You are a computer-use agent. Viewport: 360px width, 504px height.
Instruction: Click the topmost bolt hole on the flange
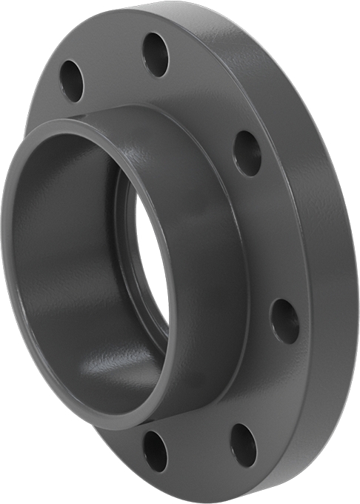click(x=156, y=54)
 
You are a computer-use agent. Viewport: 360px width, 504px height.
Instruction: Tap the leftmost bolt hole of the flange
click(x=72, y=81)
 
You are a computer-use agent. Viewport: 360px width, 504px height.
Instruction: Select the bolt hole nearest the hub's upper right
click(x=247, y=153)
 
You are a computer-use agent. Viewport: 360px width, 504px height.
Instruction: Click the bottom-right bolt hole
click(x=242, y=445)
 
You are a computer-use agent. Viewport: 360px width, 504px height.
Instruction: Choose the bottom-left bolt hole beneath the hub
click(x=155, y=451)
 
